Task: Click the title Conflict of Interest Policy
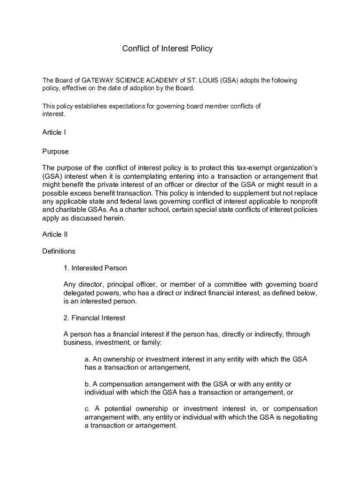click(167, 49)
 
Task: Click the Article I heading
click(54, 132)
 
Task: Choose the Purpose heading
click(55, 152)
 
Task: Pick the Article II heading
click(55, 234)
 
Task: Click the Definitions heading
click(58, 251)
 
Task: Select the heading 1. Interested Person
click(95, 268)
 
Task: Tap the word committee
click(226, 285)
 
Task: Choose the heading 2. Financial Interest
click(94, 318)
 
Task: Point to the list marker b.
click(87, 384)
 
